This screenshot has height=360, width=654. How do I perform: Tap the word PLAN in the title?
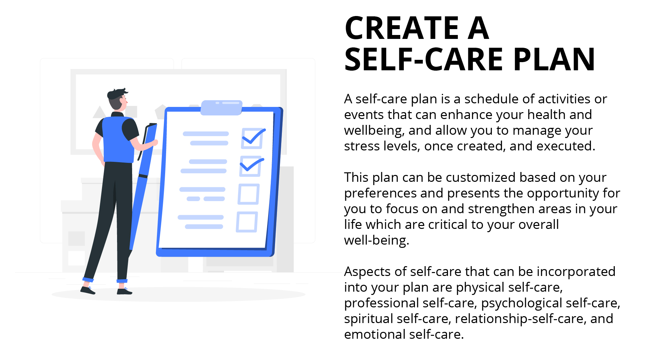[x=554, y=60]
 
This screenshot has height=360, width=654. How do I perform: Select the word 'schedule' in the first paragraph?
[x=490, y=99]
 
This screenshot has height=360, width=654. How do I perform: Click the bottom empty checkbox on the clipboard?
[x=247, y=222]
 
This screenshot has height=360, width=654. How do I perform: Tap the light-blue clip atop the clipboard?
[x=221, y=108]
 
